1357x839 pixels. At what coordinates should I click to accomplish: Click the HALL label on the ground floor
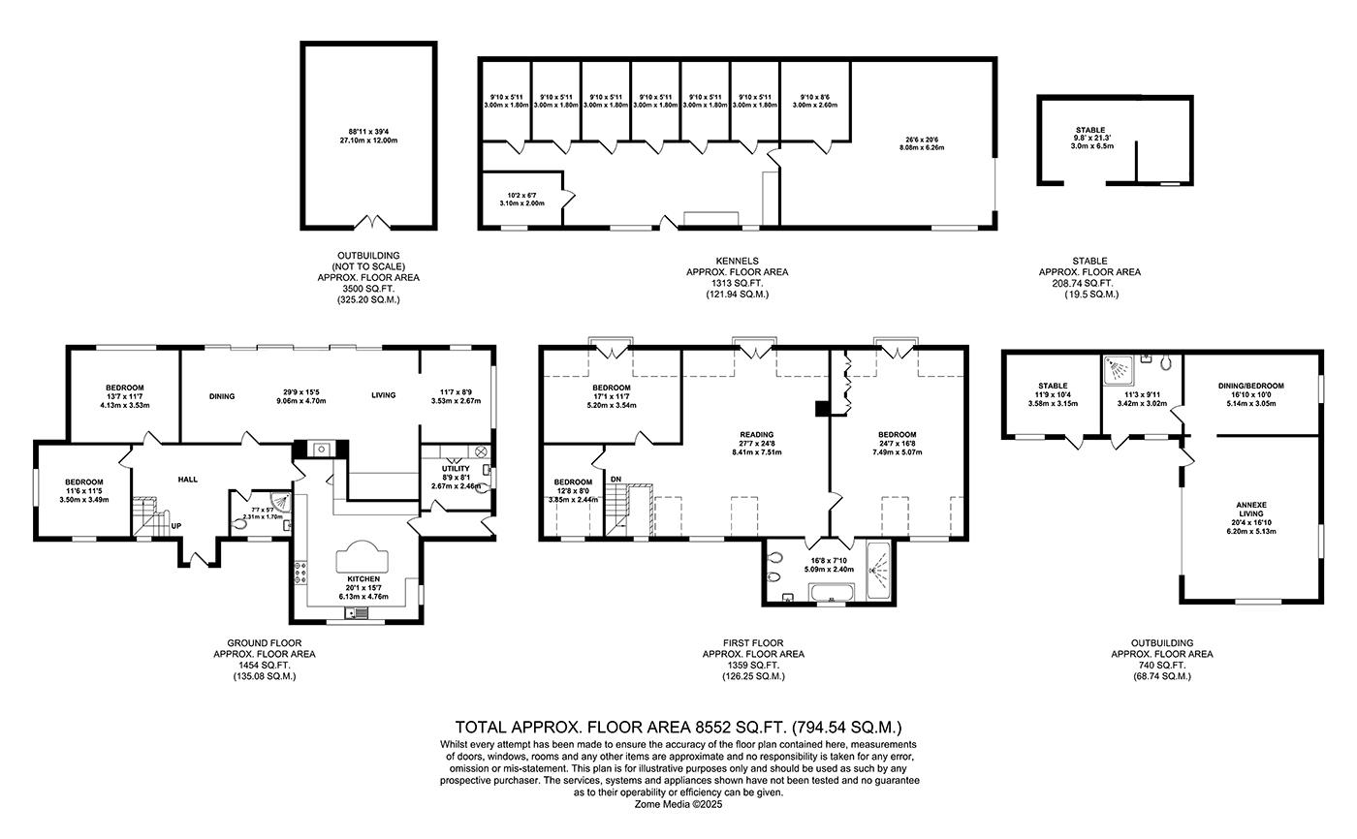pos(187,480)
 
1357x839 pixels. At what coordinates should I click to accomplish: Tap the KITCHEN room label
pos(358,578)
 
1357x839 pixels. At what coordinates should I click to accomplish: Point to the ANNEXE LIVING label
pos(1251,505)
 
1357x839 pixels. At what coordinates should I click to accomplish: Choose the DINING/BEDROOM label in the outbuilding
pos(1252,386)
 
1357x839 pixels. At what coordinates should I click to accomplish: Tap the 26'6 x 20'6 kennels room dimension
pos(922,140)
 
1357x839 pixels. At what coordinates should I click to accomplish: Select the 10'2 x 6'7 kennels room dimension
pos(522,198)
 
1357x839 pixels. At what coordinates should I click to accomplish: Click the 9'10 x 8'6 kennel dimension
pos(815,97)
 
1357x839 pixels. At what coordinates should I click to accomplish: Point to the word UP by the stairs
pos(175,527)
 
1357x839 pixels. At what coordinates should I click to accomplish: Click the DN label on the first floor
pos(615,479)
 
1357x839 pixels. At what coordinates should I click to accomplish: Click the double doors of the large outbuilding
pos(368,225)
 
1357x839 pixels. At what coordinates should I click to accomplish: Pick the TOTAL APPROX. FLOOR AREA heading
pos(678,726)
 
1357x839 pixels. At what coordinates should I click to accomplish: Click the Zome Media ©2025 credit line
pos(678,803)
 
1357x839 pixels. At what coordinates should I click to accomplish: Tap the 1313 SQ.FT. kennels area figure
pos(737,283)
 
